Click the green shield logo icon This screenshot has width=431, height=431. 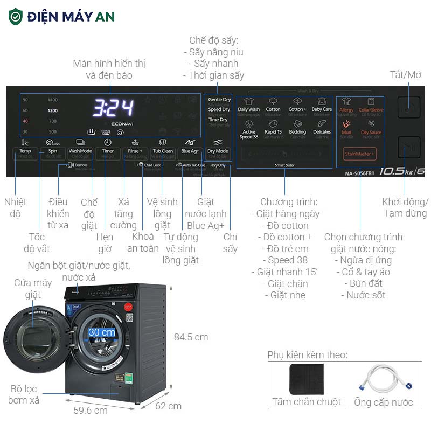(16, 16)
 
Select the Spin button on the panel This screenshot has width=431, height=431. (52, 151)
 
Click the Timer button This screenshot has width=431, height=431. (108, 151)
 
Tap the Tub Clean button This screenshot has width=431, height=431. (163, 151)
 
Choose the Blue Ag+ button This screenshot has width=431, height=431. (190, 151)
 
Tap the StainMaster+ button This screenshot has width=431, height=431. (359, 154)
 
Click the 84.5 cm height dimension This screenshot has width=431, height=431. (190, 337)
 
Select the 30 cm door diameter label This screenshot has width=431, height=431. (102, 332)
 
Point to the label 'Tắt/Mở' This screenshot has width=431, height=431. (406, 75)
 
